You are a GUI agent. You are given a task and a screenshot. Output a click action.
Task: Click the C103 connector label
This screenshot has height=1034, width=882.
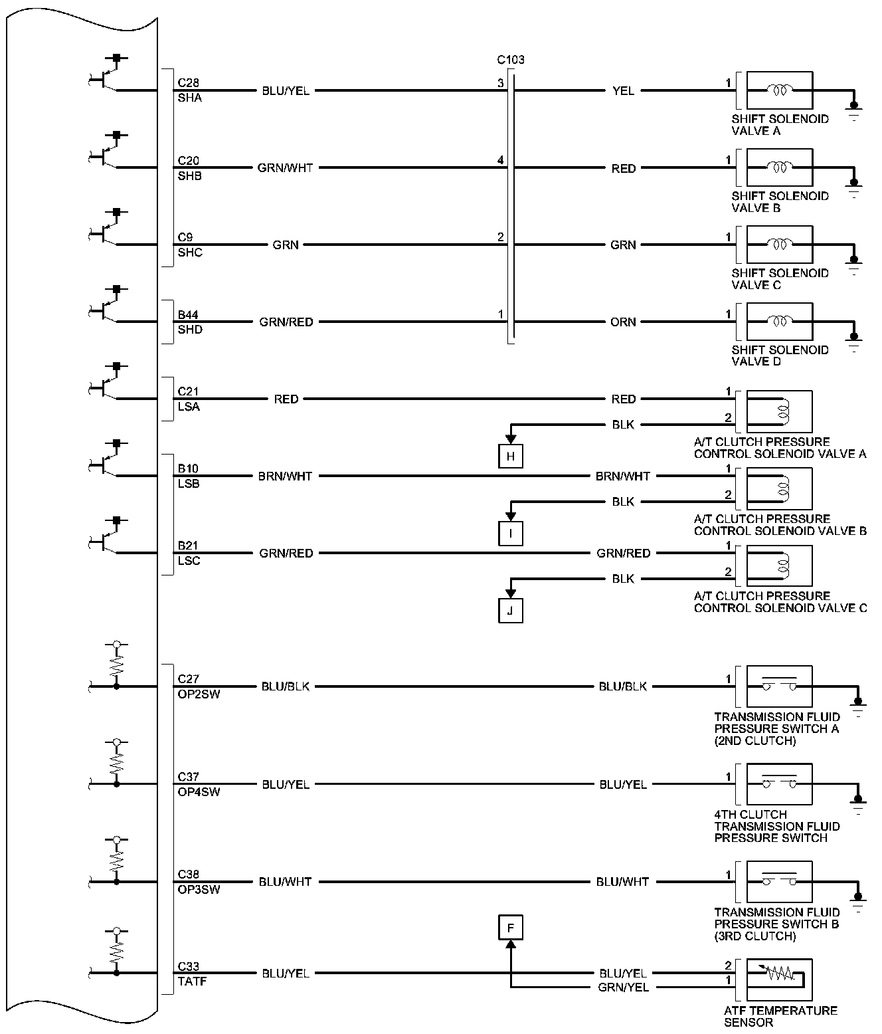click(511, 60)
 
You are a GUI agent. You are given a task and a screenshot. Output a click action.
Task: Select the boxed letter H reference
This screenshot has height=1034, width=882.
click(511, 457)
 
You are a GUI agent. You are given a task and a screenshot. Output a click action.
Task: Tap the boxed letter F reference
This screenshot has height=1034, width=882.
click(511, 927)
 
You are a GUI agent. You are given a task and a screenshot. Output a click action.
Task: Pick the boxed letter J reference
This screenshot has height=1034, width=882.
click(511, 611)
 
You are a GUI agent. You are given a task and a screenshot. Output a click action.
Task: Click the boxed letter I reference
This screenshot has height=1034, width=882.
click(511, 533)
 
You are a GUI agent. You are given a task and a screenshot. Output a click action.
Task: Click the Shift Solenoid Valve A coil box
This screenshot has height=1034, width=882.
click(779, 90)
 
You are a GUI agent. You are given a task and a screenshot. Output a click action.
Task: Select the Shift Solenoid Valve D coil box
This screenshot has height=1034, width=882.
click(779, 322)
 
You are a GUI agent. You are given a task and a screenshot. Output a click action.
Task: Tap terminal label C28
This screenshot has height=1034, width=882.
click(188, 83)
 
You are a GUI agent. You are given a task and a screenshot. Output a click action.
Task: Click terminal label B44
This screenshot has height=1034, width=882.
click(188, 314)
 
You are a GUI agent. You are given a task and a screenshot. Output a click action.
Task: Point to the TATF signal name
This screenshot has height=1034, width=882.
click(193, 981)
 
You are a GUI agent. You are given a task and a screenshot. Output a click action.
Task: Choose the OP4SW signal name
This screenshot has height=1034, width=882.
click(199, 792)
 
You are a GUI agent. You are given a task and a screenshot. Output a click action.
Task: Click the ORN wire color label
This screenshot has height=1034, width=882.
click(623, 322)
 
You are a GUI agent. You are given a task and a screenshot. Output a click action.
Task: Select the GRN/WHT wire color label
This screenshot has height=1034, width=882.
click(285, 168)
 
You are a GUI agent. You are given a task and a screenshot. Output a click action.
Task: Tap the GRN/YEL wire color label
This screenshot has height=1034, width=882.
click(623, 987)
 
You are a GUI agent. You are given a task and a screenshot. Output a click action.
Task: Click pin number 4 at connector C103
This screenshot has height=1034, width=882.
click(501, 160)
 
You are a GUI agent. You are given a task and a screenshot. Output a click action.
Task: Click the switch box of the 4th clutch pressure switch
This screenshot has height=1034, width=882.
click(779, 784)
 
